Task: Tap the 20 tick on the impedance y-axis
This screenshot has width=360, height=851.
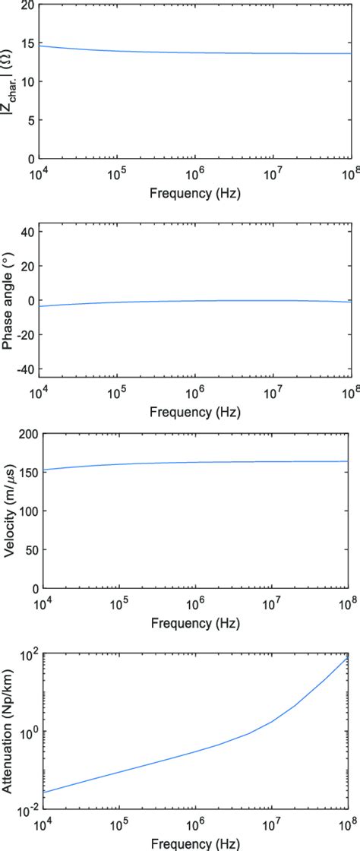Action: click(27, 5)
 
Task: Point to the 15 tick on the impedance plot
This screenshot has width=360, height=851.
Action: click(27, 43)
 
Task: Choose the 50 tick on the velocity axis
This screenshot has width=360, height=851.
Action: click(27, 550)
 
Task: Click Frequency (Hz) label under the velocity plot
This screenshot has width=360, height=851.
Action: click(196, 624)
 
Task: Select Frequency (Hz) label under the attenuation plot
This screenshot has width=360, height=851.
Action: click(196, 843)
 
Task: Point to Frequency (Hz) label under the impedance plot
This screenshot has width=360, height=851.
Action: click(196, 194)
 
